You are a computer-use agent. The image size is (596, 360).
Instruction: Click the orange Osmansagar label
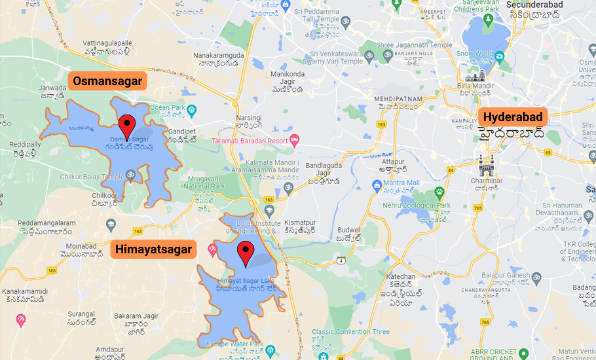click(107, 81)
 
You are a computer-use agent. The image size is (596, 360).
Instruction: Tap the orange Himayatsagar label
click(153, 249)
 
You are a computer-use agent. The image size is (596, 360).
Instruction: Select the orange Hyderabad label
click(513, 118)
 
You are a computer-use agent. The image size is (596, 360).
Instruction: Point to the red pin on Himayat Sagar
click(246, 253)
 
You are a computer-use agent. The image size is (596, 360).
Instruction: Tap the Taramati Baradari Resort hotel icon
click(295, 140)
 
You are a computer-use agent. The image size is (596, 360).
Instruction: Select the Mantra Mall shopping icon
click(377, 186)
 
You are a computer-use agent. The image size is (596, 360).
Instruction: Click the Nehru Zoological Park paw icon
click(439, 194)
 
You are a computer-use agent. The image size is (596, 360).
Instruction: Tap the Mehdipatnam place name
click(398, 99)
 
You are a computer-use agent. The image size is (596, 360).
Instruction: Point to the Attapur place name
click(393, 161)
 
